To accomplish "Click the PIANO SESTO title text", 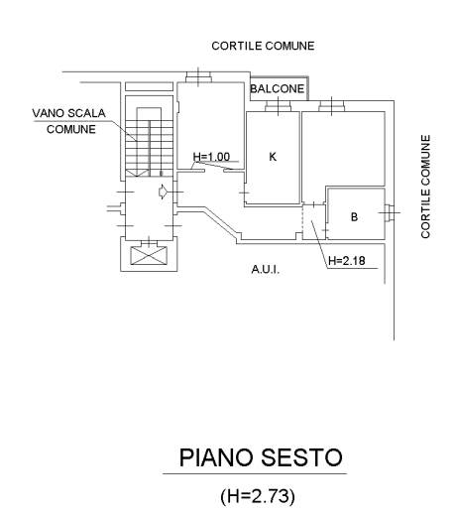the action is click(x=261, y=457).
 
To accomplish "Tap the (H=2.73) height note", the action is click(x=258, y=496).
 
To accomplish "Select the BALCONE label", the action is click(x=277, y=88).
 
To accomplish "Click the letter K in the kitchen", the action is click(x=273, y=157).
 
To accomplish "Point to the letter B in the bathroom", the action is click(x=354, y=217).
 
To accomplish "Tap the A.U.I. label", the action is click(x=266, y=270).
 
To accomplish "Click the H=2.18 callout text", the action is click(x=347, y=261).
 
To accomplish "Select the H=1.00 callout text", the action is click(x=211, y=157).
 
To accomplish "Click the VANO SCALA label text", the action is click(x=68, y=113).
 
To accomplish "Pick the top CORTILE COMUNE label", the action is click(x=263, y=46).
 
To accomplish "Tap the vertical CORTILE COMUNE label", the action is click(x=425, y=187).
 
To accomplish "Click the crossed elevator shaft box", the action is click(x=149, y=256).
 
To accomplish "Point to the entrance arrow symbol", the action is click(x=163, y=192).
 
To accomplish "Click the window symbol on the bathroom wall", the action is click(x=390, y=212).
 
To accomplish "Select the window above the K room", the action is click(x=278, y=106).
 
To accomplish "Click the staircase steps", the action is click(x=149, y=142).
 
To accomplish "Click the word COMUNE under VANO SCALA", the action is click(x=71, y=129).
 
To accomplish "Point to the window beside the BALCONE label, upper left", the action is click(x=198, y=77).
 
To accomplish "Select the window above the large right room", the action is click(x=332, y=106).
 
